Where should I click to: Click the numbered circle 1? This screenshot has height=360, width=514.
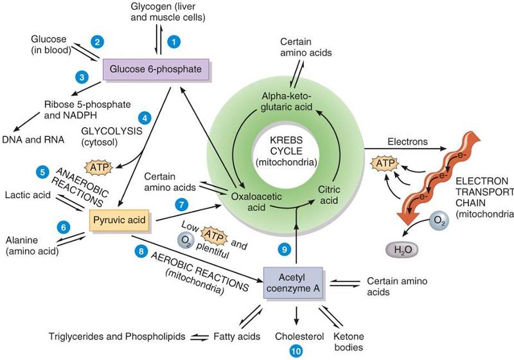pyautogui.click(x=172, y=40)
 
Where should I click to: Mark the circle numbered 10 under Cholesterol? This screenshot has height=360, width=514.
pyautogui.click(x=295, y=351)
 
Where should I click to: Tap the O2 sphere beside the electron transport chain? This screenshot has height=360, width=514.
pyautogui.click(x=438, y=221)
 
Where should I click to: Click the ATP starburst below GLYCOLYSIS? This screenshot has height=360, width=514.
pyautogui.click(x=99, y=168)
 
